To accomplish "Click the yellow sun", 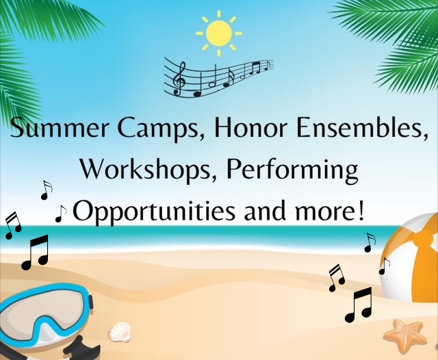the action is point(219,34).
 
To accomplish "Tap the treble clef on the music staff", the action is point(179,79).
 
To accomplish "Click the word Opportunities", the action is point(154,211).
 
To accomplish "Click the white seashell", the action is point(120,332).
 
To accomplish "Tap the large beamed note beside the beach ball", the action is point(359,305).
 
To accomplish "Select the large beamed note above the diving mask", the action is point(35,252).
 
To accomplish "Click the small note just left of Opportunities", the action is point(61,214).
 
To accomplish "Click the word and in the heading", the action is point(267,211).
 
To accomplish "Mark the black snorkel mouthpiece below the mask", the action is point(81,348).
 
